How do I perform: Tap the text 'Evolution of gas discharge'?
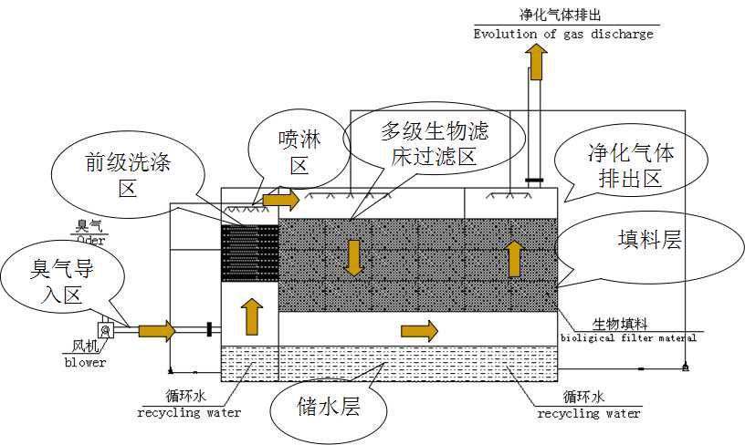pos(563,34)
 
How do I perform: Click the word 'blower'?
pos(84,362)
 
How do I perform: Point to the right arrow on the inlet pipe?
pos(156,329)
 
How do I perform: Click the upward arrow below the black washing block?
pos(252,316)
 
